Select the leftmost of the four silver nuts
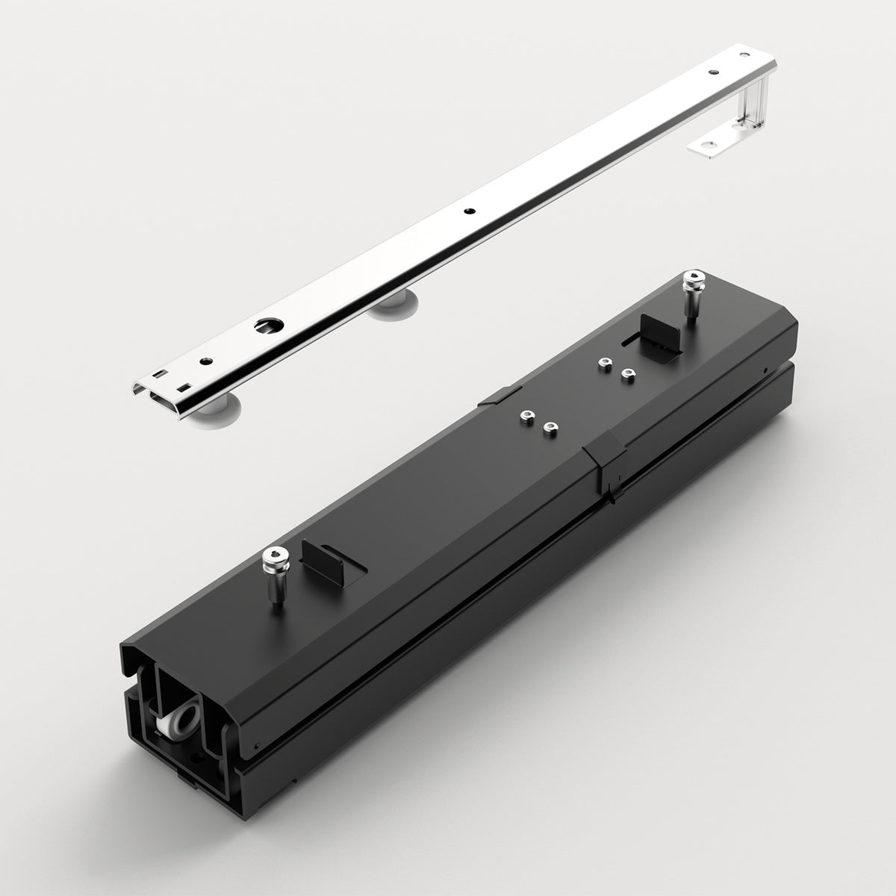(x=527, y=415)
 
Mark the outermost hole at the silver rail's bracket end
(x=715, y=72)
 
